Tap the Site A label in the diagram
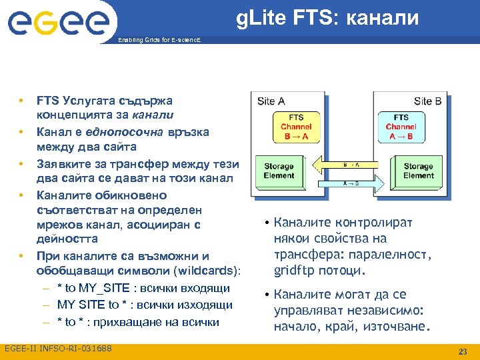(271, 101)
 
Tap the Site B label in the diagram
(427, 101)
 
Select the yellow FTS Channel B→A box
(295, 127)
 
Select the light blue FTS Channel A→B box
(401, 127)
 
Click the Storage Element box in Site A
(279, 171)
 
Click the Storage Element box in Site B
(418, 171)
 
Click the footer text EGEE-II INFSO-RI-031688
(58, 349)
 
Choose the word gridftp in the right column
(294, 271)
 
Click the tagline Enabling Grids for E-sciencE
(158, 41)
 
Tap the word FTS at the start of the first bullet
(47, 101)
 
